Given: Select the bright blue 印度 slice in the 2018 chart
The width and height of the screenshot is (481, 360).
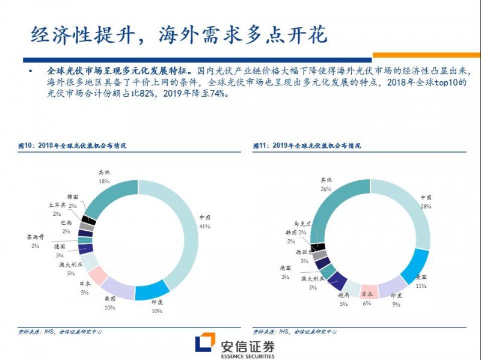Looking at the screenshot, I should pyautogui.click(x=152, y=290).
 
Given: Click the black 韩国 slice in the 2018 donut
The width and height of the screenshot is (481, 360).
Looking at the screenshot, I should pyautogui.click(x=89, y=219).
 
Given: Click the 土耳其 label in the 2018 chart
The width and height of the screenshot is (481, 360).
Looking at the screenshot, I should pyautogui.click(x=58, y=205).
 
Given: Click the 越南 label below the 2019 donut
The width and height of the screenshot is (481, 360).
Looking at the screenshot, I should pyautogui.click(x=343, y=296).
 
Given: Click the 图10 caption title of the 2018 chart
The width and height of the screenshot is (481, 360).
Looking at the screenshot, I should pyautogui.click(x=72, y=145).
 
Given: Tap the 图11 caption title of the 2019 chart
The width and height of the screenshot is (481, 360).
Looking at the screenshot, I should pyautogui.click(x=307, y=145).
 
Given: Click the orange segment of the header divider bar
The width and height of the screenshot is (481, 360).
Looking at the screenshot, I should pyautogui.click(x=426, y=55).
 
